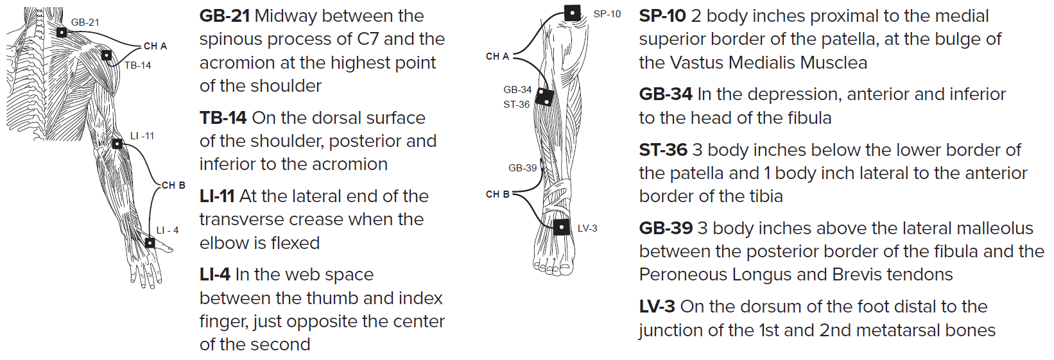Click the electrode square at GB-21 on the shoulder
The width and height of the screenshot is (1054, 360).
[x=61, y=32]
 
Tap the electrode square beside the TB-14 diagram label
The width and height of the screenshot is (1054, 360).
[x=107, y=55]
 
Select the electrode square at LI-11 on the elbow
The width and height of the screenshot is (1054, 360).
[x=117, y=144]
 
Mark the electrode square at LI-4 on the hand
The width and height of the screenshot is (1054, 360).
[x=150, y=243]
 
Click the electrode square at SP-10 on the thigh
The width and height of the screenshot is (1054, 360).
[x=572, y=13]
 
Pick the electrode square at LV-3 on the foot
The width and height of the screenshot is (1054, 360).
[x=562, y=227]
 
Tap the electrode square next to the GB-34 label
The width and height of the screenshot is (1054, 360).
[x=544, y=97]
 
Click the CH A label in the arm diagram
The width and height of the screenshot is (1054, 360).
[x=155, y=46]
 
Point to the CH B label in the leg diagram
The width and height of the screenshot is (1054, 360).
[x=497, y=194]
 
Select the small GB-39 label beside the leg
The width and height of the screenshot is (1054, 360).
[x=522, y=168]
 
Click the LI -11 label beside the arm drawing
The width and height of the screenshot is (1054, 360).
[x=142, y=136]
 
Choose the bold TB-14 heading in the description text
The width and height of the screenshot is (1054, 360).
[x=223, y=118]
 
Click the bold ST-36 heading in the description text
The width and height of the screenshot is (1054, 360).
[x=663, y=150]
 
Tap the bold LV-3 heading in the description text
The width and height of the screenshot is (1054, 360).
[x=657, y=307]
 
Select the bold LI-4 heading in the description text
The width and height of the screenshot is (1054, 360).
[x=214, y=275]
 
